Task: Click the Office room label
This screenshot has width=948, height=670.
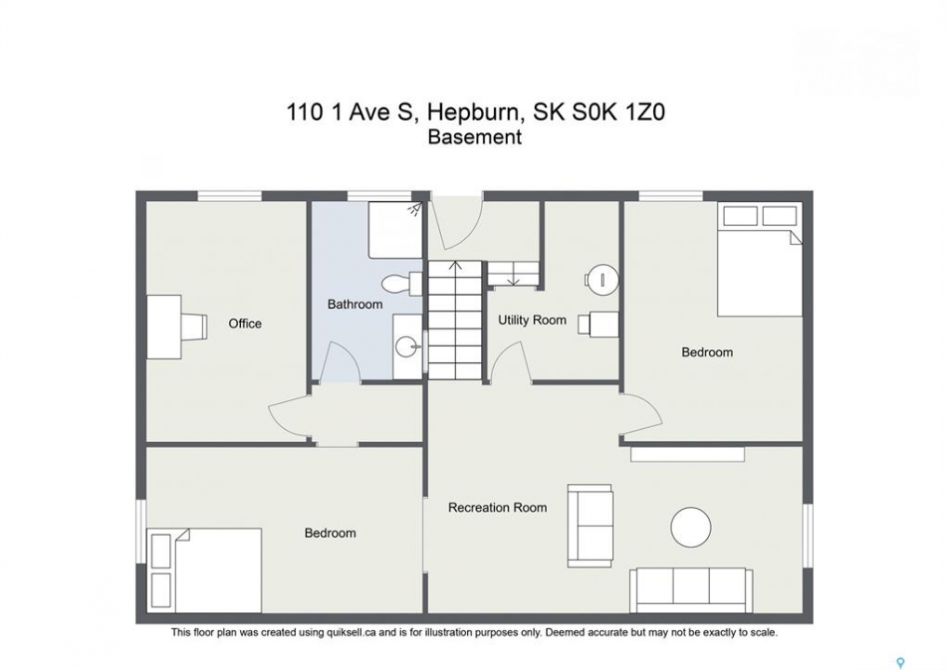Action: [245, 324]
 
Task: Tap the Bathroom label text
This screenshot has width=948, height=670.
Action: [354, 304]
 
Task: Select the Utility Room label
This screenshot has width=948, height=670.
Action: [532, 320]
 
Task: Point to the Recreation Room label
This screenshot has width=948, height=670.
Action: [498, 507]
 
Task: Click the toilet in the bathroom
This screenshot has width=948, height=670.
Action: [402, 284]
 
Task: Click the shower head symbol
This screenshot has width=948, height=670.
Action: [415, 208]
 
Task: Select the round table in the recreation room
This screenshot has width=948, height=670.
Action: [691, 527]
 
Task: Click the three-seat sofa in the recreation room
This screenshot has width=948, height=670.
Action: [690, 590]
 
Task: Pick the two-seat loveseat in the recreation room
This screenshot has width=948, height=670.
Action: [590, 526]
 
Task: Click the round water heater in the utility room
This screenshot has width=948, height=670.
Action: [603, 280]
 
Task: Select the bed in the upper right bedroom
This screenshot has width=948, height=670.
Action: [760, 259]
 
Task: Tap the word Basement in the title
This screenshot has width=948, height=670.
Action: [474, 137]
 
